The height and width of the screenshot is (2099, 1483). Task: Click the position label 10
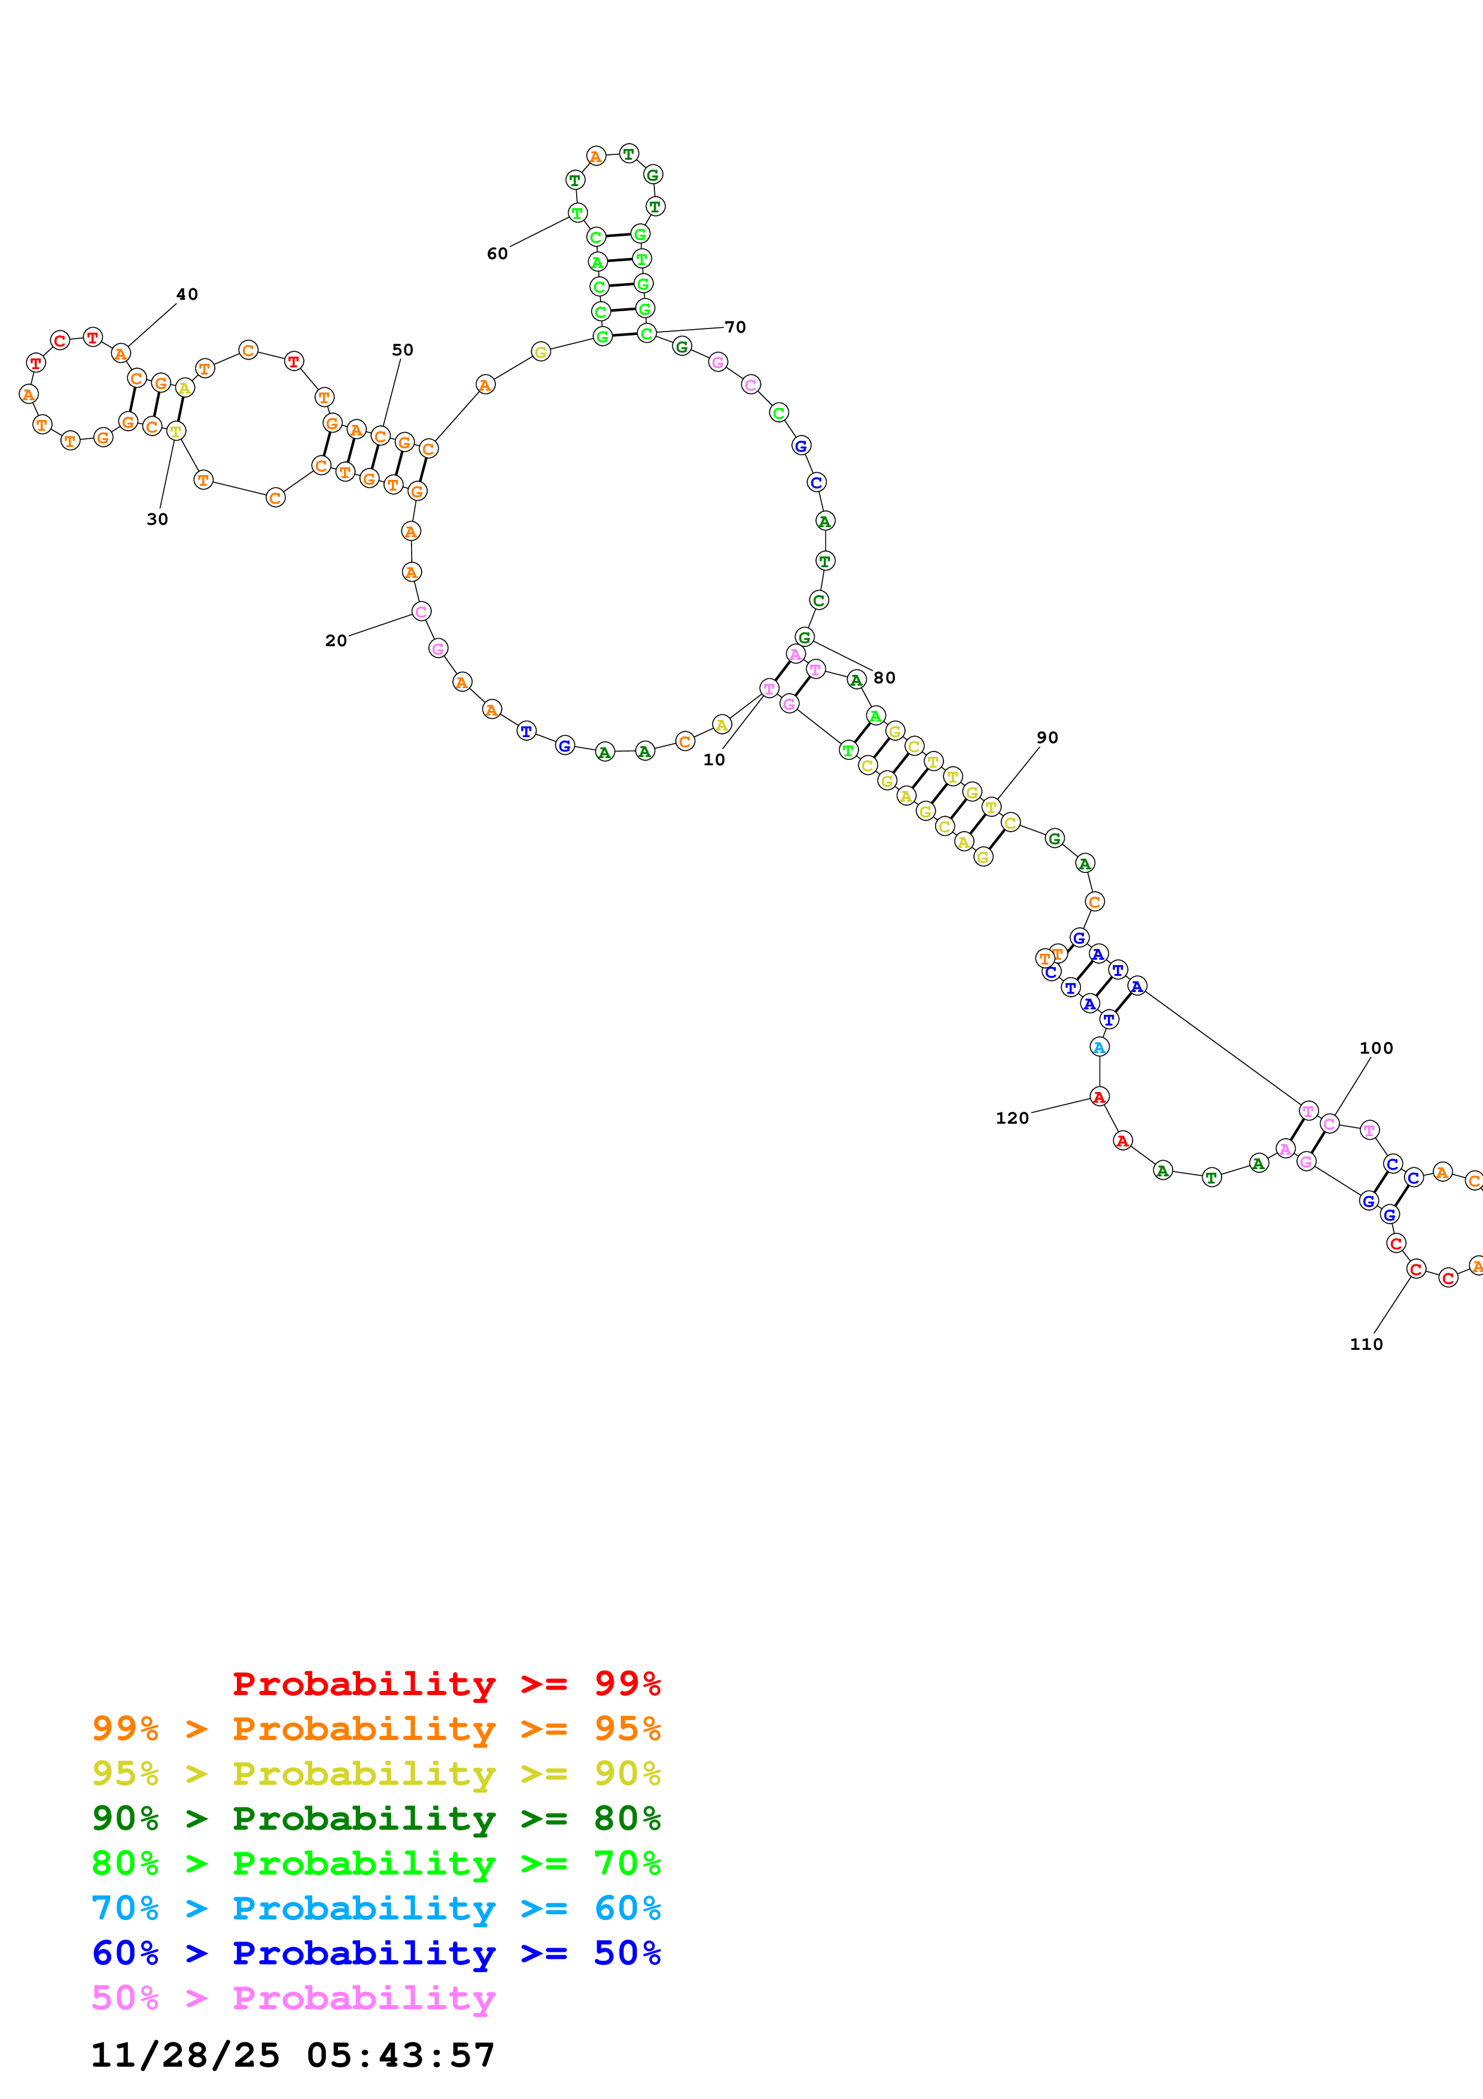tap(714, 760)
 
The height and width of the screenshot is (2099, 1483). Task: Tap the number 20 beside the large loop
tap(336, 641)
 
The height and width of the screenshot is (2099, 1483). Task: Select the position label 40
tap(187, 294)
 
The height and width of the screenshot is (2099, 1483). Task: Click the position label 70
tap(736, 327)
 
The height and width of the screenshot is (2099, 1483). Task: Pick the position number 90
tap(1047, 738)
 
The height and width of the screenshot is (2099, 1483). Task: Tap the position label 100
tap(1376, 1048)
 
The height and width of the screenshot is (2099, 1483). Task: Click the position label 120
tap(1012, 1118)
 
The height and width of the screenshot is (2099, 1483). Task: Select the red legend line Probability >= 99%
tap(446, 1684)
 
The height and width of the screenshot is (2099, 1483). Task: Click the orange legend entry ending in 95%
tap(376, 1729)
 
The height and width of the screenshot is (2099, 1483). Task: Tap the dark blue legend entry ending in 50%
tap(376, 1953)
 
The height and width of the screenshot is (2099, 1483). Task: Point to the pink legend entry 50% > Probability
tap(293, 1997)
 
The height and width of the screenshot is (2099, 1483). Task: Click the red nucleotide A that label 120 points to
tap(1099, 1097)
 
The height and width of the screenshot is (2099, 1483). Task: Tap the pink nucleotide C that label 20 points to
tap(421, 612)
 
